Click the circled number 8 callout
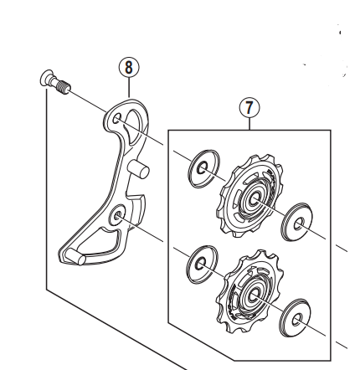pyautogui.click(x=129, y=68)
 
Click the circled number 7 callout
pyautogui.click(x=249, y=107)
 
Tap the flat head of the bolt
pyautogui.click(x=47, y=79)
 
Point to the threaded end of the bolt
pyautogui.click(x=64, y=86)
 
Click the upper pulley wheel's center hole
pyautogui.click(x=255, y=198)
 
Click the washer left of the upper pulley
pyautogui.click(x=203, y=168)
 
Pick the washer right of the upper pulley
pyautogui.click(x=297, y=222)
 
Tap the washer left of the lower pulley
pyautogui.click(x=202, y=264)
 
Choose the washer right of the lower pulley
pyautogui.click(x=296, y=318)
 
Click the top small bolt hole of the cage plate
pyautogui.click(x=116, y=119)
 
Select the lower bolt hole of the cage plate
pyautogui.click(x=116, y=215)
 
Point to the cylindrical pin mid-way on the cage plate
pyautogui.click(x=138, y=169)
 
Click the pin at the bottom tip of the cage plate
pyautogui.click(x=75, y=257)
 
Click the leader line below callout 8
pyautogui.click(x=129, y=88)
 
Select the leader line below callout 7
pyautogui.click(x=249, y=124)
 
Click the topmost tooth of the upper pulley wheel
pyautogui.click(x=257, y=157)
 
